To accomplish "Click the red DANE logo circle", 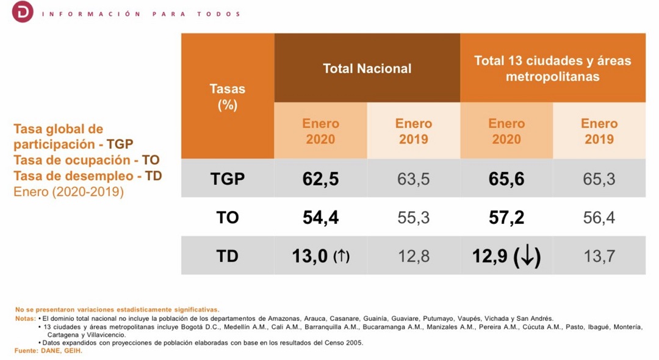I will [23, 12].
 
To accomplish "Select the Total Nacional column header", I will [367, 68].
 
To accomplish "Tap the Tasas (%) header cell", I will [227, 96].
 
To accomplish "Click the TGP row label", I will [227, 179].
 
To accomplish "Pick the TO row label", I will [227, 217].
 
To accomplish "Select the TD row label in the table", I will [227, 256].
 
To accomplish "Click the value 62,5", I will [320, 179].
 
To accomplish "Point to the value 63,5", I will [413, 179].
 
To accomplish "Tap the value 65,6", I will [506, 179].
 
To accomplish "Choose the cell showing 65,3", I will [599, 179].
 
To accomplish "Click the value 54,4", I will [320, 217].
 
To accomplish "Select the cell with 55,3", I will [413, 217].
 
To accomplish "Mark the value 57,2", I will [506, 217].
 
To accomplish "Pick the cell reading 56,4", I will [599, 217].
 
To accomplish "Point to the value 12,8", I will [413, 256].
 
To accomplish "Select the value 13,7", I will [599, 256].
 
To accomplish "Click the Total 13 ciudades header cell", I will [552, 68].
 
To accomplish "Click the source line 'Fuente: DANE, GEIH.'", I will [48, 351].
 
